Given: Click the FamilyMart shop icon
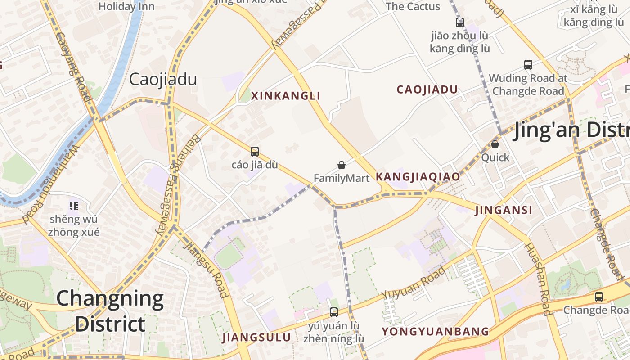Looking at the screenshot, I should tap(342, 165).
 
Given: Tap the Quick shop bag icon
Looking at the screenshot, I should tap(495, 144).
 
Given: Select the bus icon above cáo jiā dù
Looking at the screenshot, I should tap(255, 152).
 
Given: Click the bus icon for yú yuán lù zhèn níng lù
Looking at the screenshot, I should tap(334, 312).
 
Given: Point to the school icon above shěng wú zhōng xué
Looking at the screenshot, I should tap(74, 206).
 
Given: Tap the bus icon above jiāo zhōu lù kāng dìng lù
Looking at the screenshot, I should tap(460, 22).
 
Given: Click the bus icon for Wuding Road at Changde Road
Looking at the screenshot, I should tap(528, 65).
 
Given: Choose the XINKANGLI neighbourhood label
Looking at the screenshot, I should tap(286, 96).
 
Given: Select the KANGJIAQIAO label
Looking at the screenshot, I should tap(418, 176).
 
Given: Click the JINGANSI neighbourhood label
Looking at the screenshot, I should tap(504, 210).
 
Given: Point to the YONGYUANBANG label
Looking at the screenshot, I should tap(435, 332).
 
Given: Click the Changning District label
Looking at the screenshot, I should tap(110, 310).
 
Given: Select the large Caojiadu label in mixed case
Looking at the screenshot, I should tap(163, 80).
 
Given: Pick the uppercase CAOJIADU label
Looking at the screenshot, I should tap(427, 90).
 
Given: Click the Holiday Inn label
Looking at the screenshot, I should tap(126, 6).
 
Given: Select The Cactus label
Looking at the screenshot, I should tap(413, 6).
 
